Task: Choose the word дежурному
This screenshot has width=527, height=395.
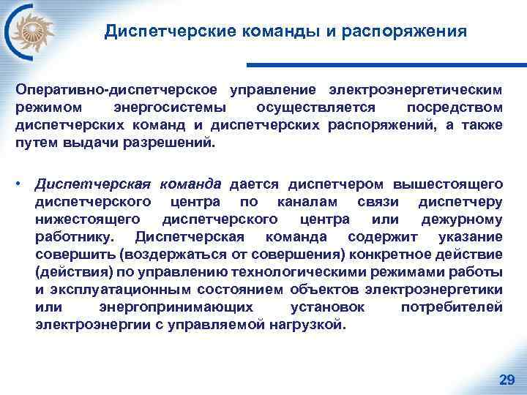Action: (462, 219)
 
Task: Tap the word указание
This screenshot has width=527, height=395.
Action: (471, 237)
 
